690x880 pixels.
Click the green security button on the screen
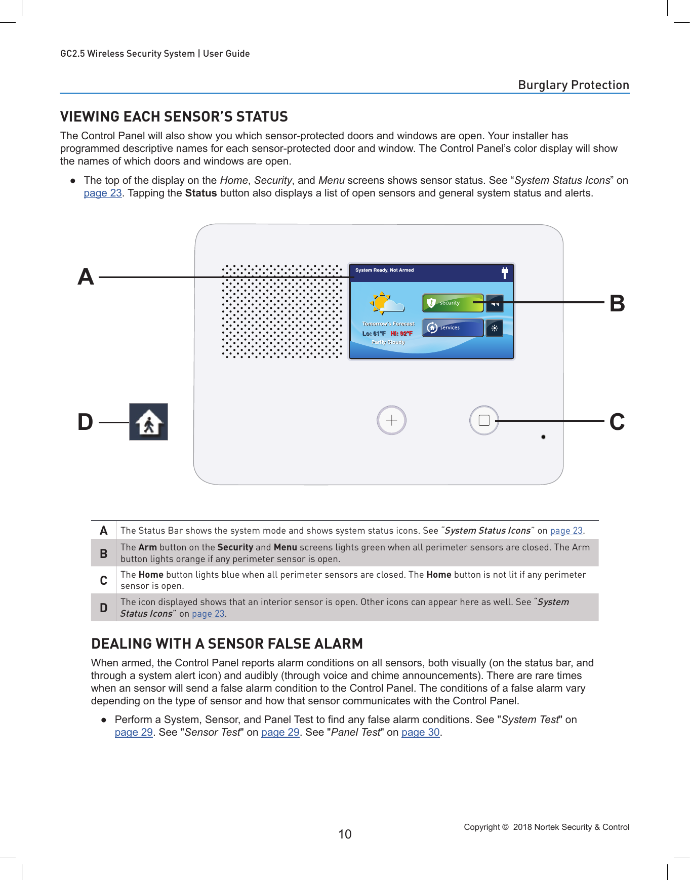pyautogui.click(x=452, y=303)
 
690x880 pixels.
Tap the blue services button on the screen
pyautogui.click(x=452, y=328)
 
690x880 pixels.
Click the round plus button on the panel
pyautogui.click(x=391, y=420)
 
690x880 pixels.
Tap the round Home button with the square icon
pyautogui.click(x=484, y=420)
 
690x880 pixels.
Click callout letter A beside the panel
pyautogui.click(x=86, y=277)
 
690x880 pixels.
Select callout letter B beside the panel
pyautogui.click(x=617, y=304)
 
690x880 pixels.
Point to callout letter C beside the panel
pyautogui.click(x=617, y=422)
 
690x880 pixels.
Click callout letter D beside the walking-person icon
pyautogui.click(x=86, y=422)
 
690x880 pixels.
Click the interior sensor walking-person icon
pyautogui.click(x=148, y=422)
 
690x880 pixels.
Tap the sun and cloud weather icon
pyautogui.click(x=386, y=303)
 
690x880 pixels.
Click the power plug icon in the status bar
pyautogui.click(x=504, y=273)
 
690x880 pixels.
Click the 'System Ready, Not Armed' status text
pyautogui.click(x=384, y=270)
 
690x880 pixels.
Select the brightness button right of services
pyautogui.click(x=495, y=328)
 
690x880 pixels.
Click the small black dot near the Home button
pyautogui.click(x=543, y=437)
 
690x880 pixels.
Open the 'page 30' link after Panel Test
pyautogui.click(x=420, y=732)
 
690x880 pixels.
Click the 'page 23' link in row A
pyautogui.click(x=566, y=531)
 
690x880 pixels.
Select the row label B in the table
pyautogui.click(x=104, y=553)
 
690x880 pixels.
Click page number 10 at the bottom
pyautogui.click(x=345, y=834)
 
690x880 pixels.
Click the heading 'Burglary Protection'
pyautogui.click(x=573, y=85)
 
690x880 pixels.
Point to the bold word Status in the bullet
pyautogui.click(x=201, y=193)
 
